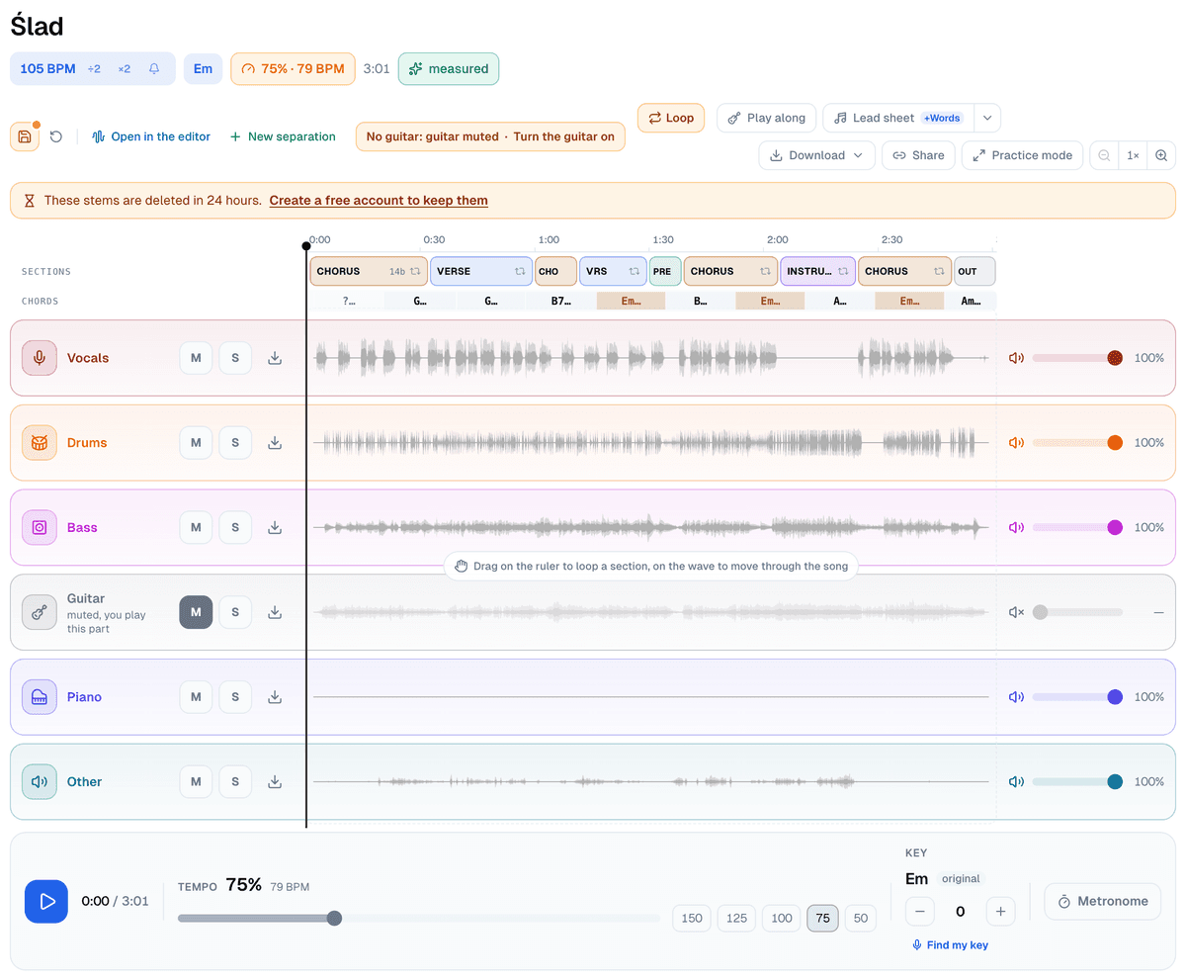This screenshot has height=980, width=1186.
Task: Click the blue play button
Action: [46, 901]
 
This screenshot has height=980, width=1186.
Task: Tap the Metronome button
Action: [1101, 901]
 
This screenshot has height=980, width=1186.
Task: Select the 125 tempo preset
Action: [735, 918]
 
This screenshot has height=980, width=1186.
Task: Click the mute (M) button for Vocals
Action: [196, 358]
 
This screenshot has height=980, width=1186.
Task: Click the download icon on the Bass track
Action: [275, 527]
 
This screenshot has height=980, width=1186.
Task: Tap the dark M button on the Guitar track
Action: [196, 612]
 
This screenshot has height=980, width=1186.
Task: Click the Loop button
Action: [670, 118]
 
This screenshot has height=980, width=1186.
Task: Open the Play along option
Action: [766, 118]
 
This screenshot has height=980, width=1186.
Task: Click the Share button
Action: [917, 155]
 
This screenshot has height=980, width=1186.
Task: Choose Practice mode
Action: [1021, 155]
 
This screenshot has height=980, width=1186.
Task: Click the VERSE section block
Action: [480, 271]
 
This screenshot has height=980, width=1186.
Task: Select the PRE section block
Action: [664, 271]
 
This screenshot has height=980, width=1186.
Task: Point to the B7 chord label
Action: [560, 301]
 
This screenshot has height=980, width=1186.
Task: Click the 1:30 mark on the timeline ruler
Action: [662, 239]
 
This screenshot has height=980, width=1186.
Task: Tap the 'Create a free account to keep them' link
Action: [379, 200]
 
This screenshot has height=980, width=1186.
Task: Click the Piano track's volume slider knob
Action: [1114, 696]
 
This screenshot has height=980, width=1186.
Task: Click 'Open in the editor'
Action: [151, 136]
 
